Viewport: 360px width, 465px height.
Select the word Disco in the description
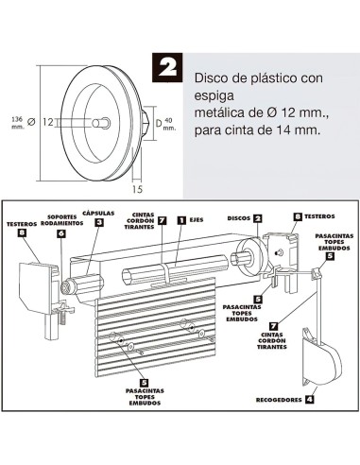213,81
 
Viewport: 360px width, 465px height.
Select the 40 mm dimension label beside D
168,122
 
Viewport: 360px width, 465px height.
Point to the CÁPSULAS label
100,213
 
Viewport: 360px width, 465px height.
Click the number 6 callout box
60,233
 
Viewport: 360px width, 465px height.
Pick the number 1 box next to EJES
180,220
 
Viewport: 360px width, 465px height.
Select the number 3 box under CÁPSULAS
99,223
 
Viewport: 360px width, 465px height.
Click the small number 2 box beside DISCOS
258,217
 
